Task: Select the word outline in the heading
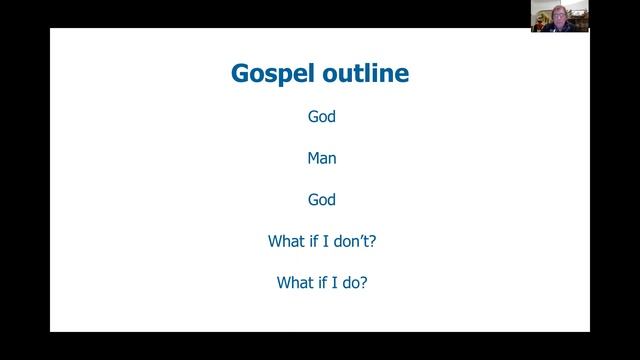coord(362,74)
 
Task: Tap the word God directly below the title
coord(321,117)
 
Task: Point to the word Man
coord(321,158)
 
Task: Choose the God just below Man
coord(321,200)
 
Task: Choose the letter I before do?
coord(339,283)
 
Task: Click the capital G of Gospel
coord(240,74)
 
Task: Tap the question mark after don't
coord(371,241)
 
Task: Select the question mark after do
coord(363,283)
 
